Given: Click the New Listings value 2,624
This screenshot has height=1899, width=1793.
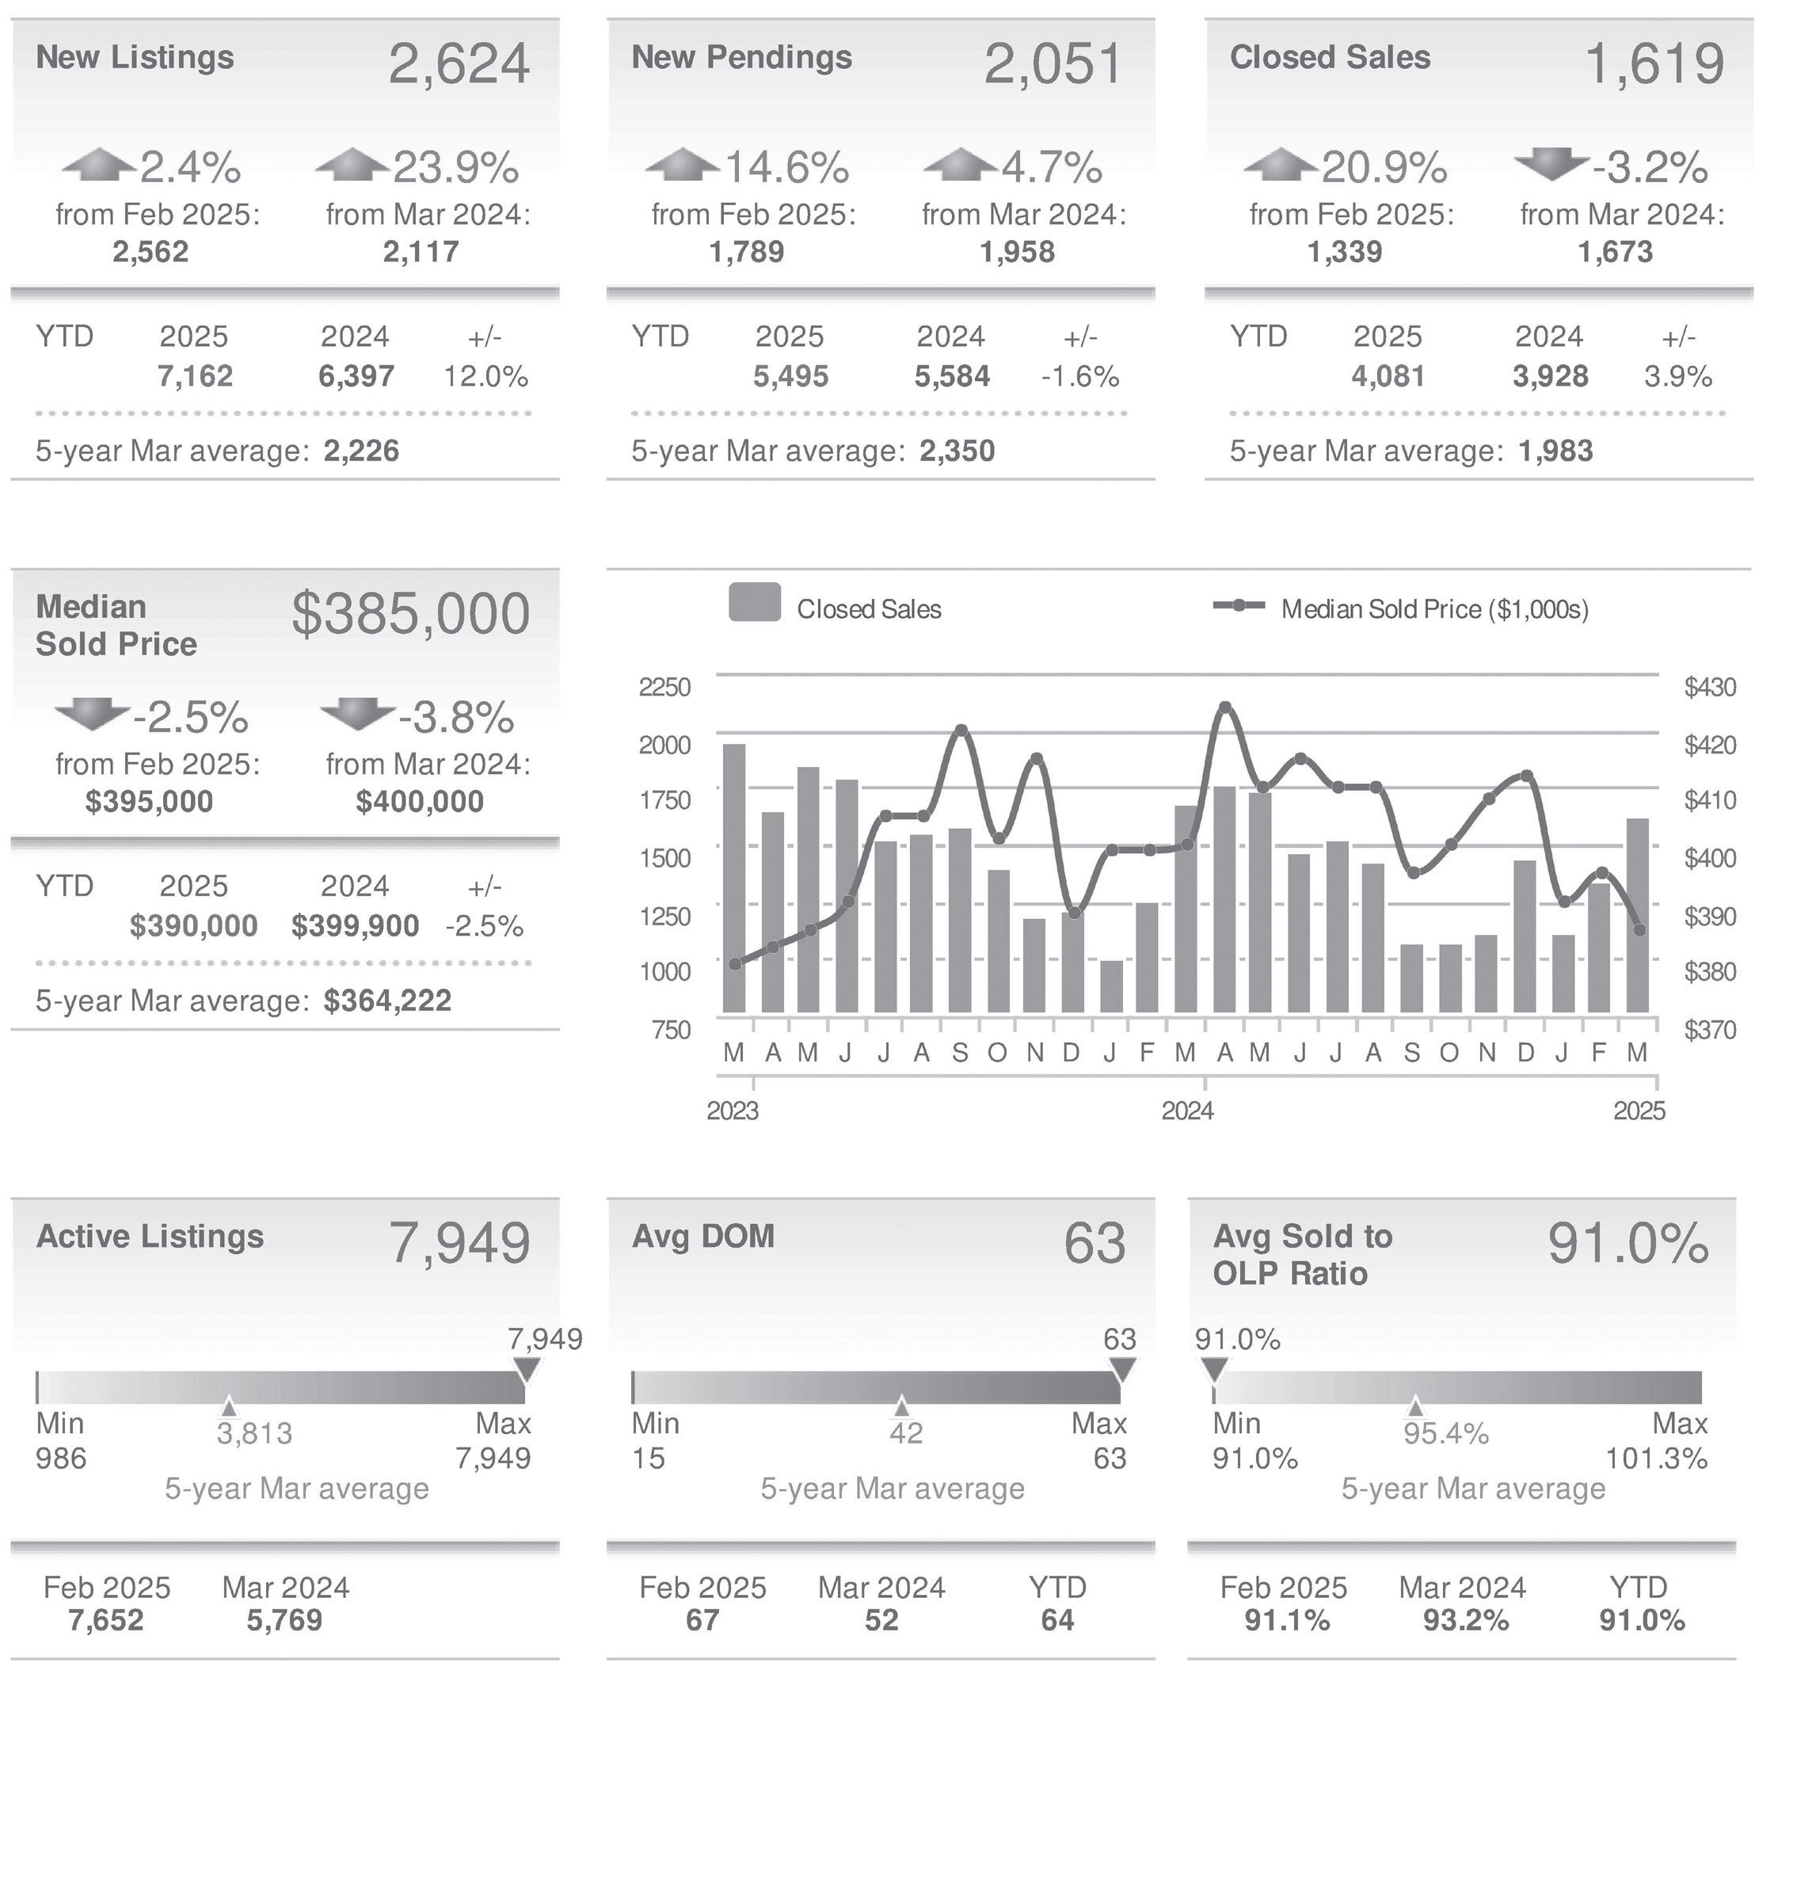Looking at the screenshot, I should click(459, 65).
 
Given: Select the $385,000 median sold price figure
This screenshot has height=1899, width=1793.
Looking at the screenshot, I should click(410, 614).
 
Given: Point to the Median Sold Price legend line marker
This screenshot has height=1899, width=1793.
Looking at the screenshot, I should click(1239, 605).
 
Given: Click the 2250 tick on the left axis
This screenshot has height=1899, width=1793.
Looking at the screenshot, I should click(664, 688).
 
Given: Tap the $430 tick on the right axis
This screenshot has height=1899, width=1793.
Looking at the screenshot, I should click(1710, 688).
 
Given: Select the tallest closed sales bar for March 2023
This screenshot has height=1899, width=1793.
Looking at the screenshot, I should click(734, 877).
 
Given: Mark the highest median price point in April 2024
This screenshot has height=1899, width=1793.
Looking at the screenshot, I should click(1225, 708).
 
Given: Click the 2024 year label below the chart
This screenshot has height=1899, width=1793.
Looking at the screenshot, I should click(1187, 1111).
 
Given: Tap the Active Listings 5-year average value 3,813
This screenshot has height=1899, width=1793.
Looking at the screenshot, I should click(254, 1433).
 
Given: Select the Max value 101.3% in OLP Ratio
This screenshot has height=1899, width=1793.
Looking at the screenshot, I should click(1656, 1459).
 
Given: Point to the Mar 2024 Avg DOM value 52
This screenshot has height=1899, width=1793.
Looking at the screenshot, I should click(881, 1621).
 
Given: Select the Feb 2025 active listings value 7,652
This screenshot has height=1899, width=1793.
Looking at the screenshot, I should click(106, 1621).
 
